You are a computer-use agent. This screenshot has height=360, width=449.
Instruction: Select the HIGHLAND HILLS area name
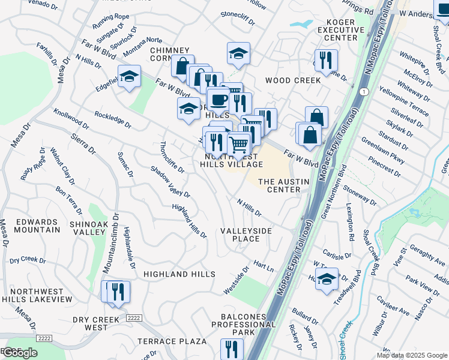tap(179, 274)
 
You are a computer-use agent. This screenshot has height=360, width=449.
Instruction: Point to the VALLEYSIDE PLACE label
tap(246, 235)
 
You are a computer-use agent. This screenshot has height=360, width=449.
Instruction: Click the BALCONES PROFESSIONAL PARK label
tap(244, 325)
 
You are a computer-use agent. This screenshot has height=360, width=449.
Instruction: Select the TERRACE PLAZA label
tap(172, 341)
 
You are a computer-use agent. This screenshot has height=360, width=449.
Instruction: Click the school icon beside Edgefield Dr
tap(129, 77)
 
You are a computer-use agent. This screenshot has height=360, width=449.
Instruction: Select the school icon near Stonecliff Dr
tap(238, 53)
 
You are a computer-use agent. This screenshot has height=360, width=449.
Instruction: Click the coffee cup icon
tap(218, 98)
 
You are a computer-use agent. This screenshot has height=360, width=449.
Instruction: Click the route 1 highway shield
tap(364, 91)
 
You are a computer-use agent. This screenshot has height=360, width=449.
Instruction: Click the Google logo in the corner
tap(20, 353)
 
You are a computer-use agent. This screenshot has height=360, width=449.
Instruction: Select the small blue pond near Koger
tap(301, 25)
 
